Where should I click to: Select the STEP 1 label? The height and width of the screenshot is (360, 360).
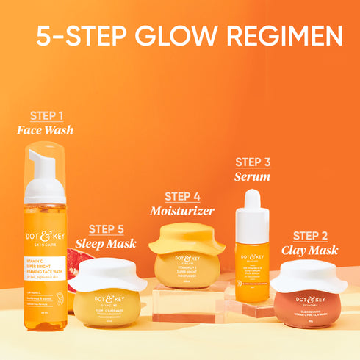pos(46,116)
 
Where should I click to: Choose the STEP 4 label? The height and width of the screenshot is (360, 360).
pos(182,196)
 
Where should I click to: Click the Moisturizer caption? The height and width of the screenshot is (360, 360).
pos(182,211)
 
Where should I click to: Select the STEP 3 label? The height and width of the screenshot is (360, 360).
pos(253,162)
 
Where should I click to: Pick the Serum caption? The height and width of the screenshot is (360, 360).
pos(253,176)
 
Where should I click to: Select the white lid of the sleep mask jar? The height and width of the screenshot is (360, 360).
pos(107,273)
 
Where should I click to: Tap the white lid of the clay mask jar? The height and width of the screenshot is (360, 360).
pos(309,275)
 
